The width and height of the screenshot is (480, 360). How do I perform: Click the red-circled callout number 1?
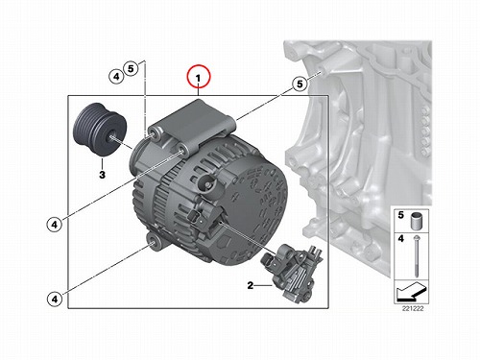pyautogui.click(x=199, y=77)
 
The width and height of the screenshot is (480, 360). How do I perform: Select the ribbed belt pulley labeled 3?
pyautogui.click(x=100, y=129)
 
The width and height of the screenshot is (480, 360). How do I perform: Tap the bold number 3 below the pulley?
pyautogui.click(x=102, y=175)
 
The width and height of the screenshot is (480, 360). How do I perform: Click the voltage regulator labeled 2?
pyautogui.click(x=293, y=272)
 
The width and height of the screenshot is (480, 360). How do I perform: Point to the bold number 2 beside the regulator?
pyautogui.click(x=251, y=285)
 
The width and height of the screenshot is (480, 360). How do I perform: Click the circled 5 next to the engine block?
pyautogui.click(x=300, y=84)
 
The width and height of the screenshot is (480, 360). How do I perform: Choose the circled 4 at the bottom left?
pyautogui.click(x=55, y=300)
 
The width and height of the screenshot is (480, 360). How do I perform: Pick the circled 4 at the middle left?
pyautogui.click(x=55, y=225)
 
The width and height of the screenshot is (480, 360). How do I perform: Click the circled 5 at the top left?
pyautogui.click(x=131, y=68)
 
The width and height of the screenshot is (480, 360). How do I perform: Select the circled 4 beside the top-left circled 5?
pyautogui.click(x=116, y=77)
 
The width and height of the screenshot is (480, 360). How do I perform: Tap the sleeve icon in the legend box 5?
pyautogui.click(x=416, y=221)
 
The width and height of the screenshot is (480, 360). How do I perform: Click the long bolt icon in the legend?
pyautogui.click(x=416, y=256)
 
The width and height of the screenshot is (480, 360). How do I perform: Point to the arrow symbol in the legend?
pyautogui.click(x=412, y=292)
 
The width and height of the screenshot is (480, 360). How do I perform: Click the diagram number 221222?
pyautogui.click(x=413, y=309)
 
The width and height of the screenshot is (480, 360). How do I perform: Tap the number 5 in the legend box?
pyautogui.click(x=401, y=215)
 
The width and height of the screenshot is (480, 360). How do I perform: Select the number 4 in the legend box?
pyautogui.click(x=401, y=239)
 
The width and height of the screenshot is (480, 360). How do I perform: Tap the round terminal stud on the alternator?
pyautogui.click(x=206, y=183)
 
